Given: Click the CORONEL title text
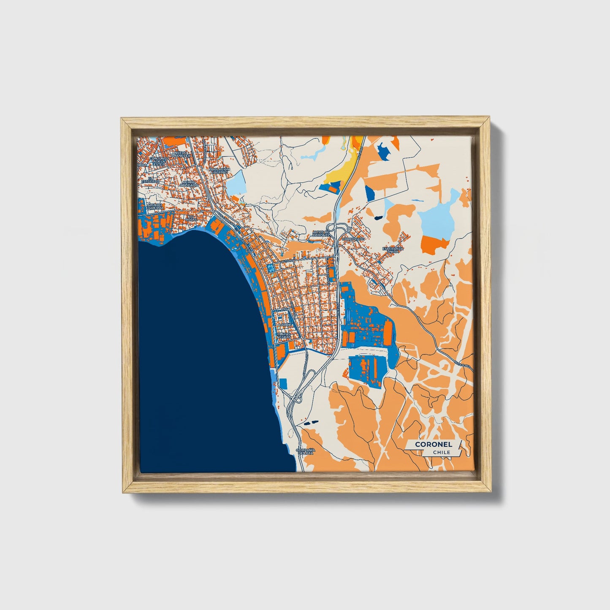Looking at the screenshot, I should (x=434, y=444).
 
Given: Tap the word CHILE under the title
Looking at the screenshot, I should (x=441, y=452).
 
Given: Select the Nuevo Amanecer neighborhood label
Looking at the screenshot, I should (x=180, y=154).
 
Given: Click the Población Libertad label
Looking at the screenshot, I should (x=220, y=171).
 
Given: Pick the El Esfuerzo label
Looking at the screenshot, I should (x=150, y=179).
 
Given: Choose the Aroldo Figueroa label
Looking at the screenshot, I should (x=155, y=206).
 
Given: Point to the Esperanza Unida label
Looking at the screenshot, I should (x=393, y=249).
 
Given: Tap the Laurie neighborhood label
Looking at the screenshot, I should (x=285, y=325).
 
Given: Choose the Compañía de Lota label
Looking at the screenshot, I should (x=305, y=451).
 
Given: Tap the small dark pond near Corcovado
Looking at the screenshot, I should (x=377, y=217).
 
